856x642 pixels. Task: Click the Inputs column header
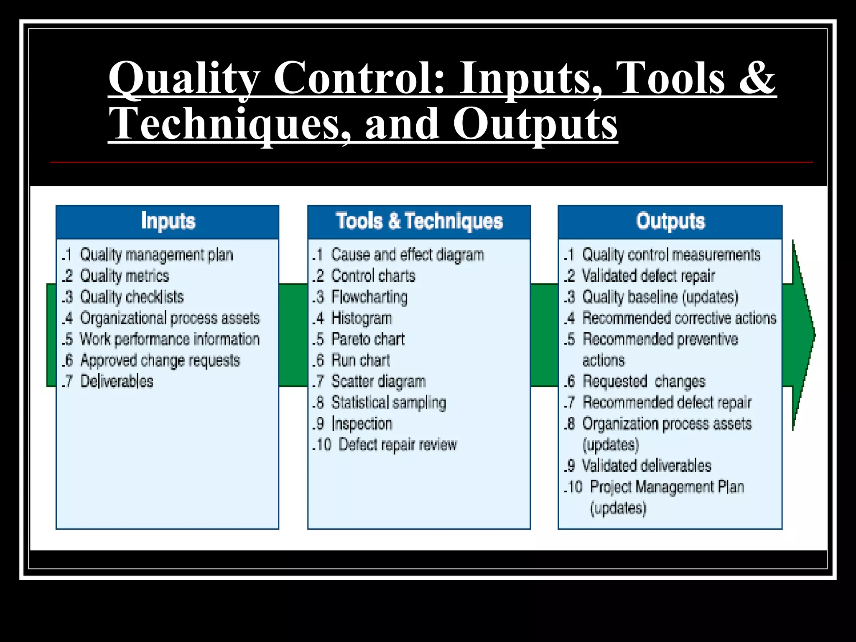click(168, 221)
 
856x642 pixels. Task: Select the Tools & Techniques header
click(419, 221)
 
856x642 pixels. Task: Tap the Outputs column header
click(670, 221)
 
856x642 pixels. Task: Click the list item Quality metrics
click(124, 276)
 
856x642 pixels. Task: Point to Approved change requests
click(160, 360)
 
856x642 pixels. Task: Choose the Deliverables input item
click(117, 381)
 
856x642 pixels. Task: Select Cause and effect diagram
click(408, 255)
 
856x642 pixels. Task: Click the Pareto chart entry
click(368, 339)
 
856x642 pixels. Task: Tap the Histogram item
click(362, 318)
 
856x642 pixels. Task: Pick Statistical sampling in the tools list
click(388, 403)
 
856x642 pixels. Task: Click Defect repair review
click(397, 445)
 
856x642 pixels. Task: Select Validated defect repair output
click(648, 276)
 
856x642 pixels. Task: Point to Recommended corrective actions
click(679, 318)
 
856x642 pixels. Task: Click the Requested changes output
click(644, 381)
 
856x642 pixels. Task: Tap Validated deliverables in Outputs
click(647, 466)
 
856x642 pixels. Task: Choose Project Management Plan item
click(667, 487)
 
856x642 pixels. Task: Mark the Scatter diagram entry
click(378, 381)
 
